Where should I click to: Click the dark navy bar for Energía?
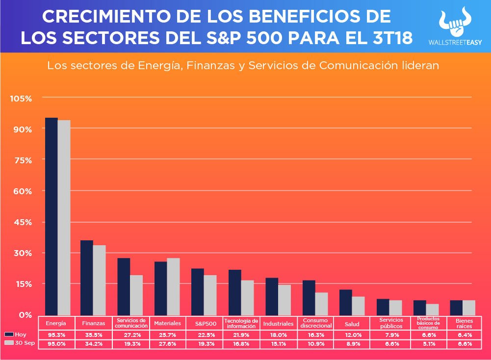click(x=52, y=216)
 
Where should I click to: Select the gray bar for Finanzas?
click(x=99, y=280)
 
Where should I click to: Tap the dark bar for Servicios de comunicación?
click(x=124, y=286)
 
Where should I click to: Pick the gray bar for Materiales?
click(x=173, y=286)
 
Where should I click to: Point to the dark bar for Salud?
click(x=345, y=302)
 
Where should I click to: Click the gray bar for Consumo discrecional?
click(x=321, y=304)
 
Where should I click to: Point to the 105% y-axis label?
click(x=21, y=99)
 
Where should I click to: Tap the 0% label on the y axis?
click(x=25, y=315)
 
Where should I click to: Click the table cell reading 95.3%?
click(x=56, y=334)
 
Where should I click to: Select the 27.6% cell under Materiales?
click(x=167, y=344)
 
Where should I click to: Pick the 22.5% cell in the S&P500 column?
click(x=205, y=334)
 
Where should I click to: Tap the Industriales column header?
click(x=278, y=324)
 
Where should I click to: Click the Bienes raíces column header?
click(x=461, y=324)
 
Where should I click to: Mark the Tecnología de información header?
click(x=241, y=323)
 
